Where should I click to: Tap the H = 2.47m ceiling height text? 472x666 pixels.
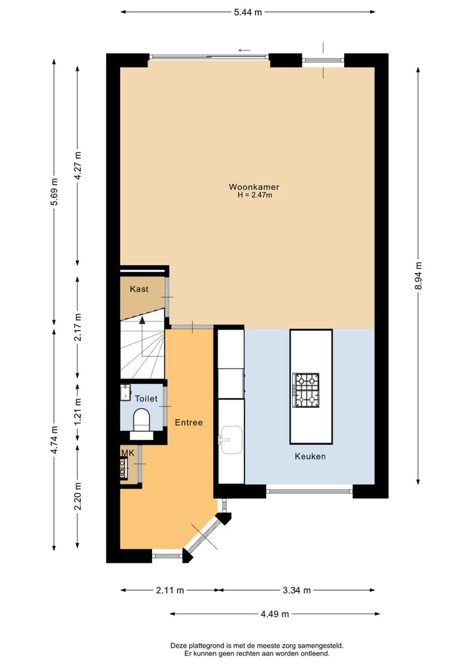[x=255, y=195]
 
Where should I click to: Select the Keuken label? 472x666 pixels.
[x=309, y=456]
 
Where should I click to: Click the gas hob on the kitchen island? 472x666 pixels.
[x=306, y=390]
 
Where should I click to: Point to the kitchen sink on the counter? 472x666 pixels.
[x=230, y=439]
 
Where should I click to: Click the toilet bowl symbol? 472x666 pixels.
[x=142, y=419]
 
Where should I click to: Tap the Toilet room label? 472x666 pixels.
[x=146, y=398]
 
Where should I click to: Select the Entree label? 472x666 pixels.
[x=189, y=422]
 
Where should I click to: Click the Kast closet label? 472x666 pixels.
[x=139, y=289]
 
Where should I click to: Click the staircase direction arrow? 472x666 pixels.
[x=142, y=323]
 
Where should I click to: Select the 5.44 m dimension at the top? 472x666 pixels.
[x=248, y=12]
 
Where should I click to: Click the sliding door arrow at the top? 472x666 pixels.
[x=245, y=50]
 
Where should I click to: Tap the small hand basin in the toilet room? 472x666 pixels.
[x=125, y=392]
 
